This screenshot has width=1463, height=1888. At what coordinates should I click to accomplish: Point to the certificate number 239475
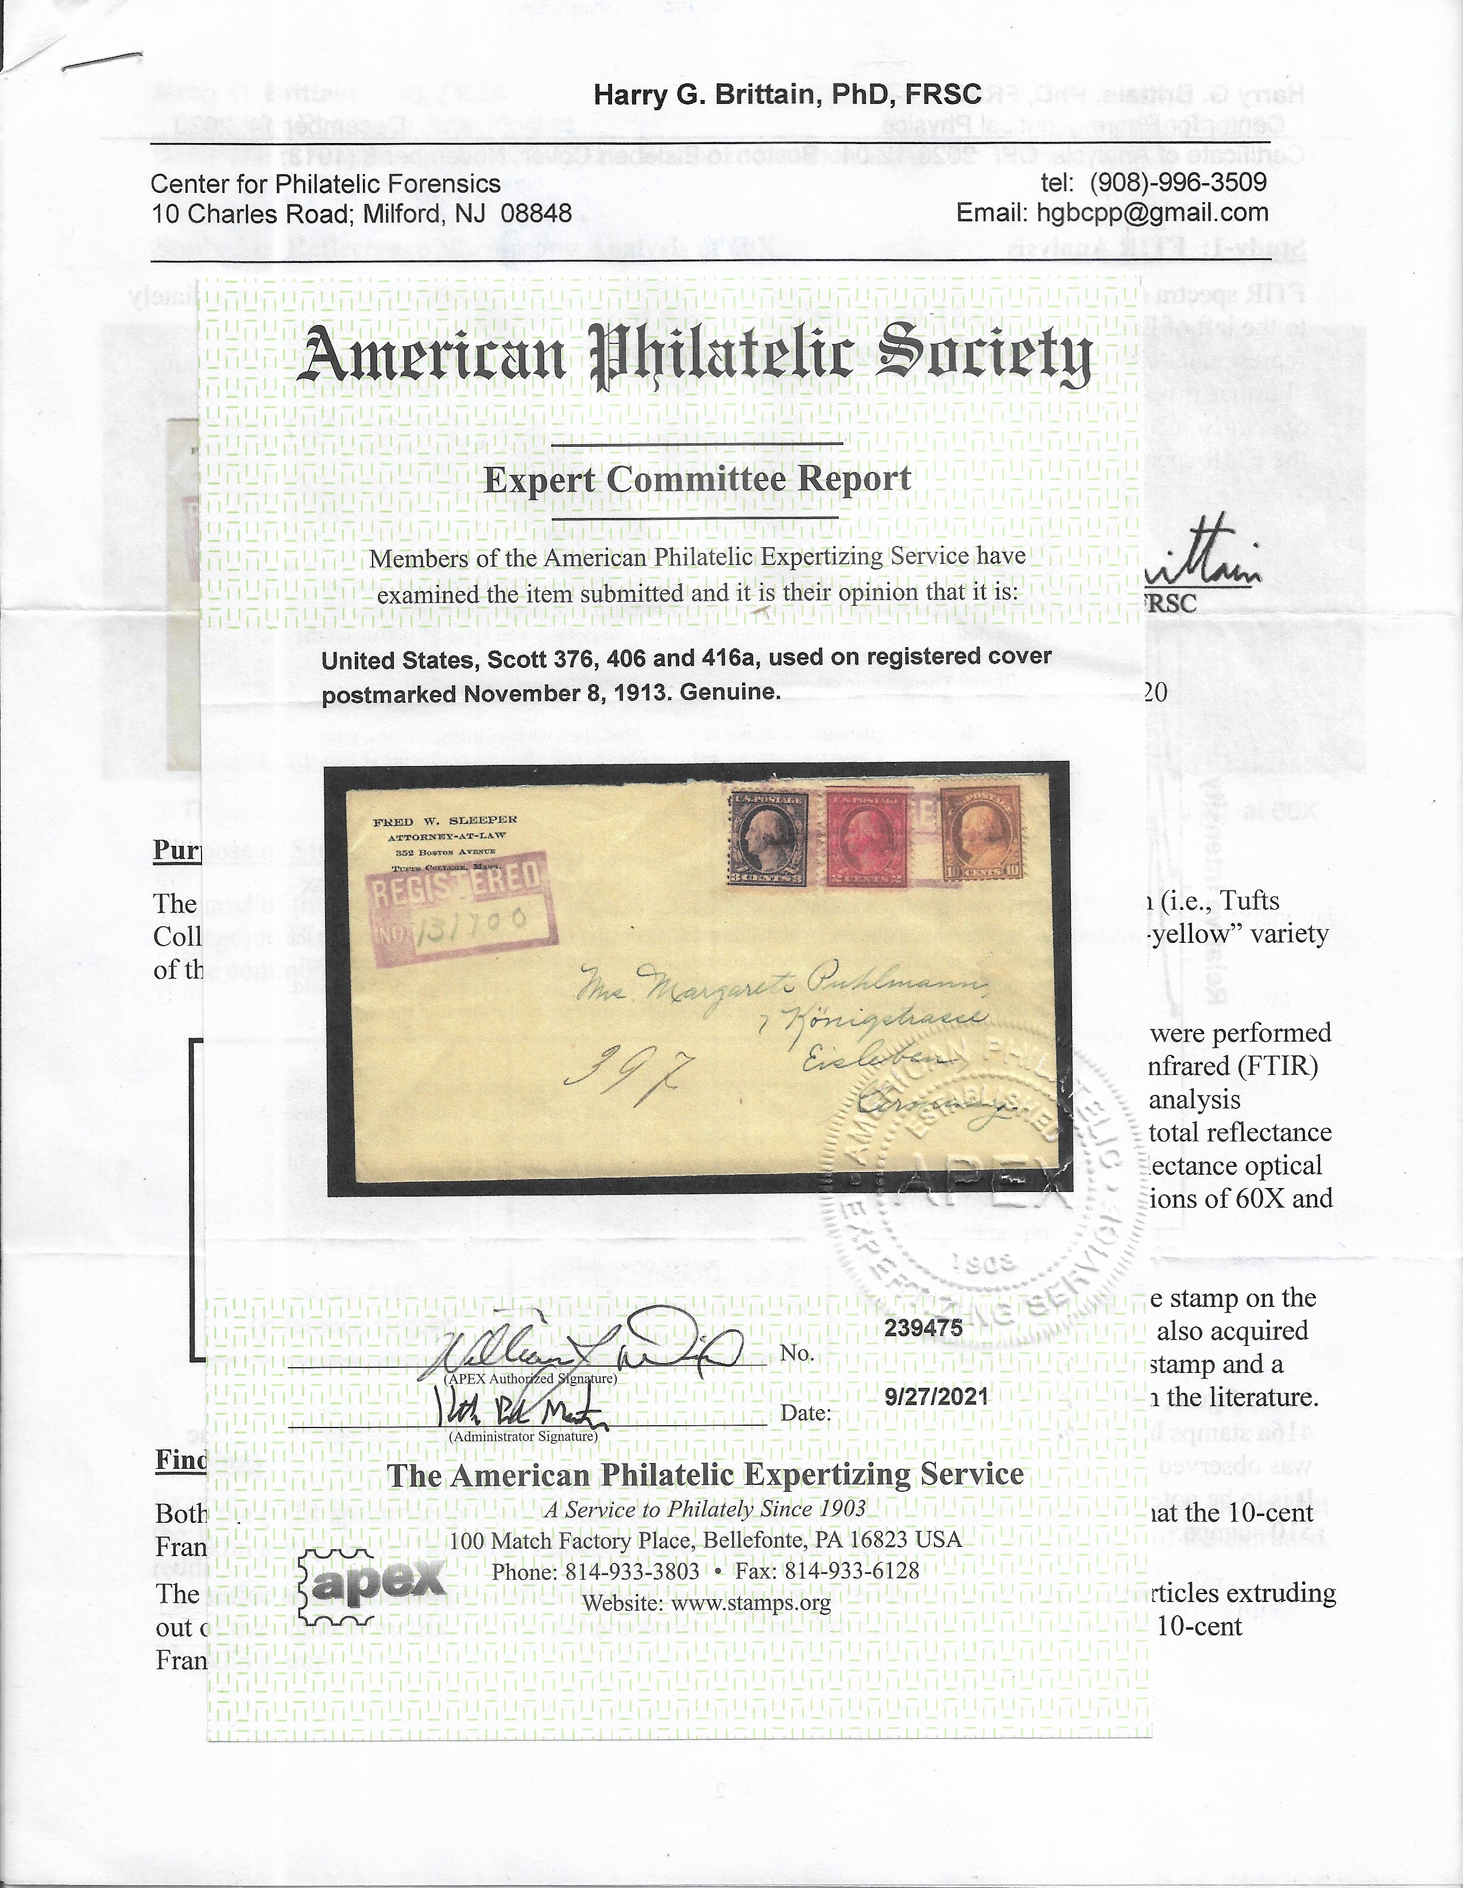[x=923, y=1328]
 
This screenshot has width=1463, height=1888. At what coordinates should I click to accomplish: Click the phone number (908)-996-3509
[x=1178, y=183]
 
